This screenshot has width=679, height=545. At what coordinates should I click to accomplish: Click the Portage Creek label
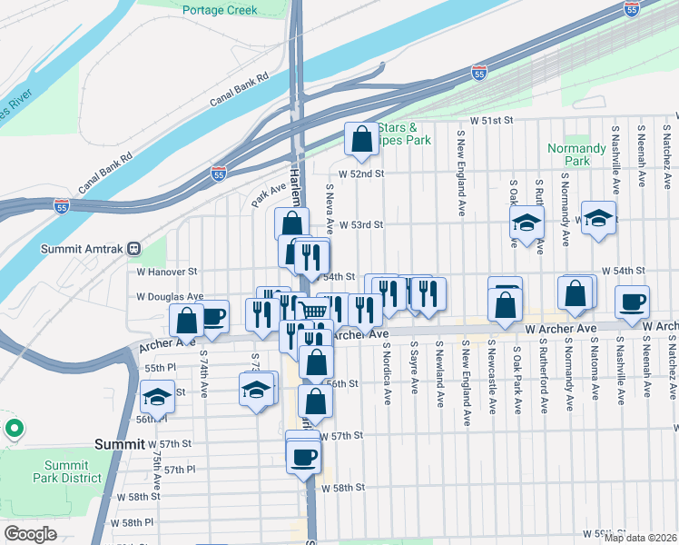coord(220,10)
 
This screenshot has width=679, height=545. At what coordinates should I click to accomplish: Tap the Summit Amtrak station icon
coord(133,248)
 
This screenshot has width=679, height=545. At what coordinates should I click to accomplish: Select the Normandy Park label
coord(576,154)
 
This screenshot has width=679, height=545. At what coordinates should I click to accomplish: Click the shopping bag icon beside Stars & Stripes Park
coord(361,140)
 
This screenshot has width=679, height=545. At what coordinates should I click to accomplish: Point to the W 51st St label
coord(491,120)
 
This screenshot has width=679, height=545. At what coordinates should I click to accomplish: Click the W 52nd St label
coord(361,173)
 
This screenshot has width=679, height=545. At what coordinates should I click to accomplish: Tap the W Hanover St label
coord(167,272)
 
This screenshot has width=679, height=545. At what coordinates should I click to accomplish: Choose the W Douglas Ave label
coord(167,296)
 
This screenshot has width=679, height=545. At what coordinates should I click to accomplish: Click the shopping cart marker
coord(313,311)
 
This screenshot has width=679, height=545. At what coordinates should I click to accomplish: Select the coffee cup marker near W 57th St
coord(304,456)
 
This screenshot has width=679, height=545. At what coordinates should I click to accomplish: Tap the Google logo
coord(30,533)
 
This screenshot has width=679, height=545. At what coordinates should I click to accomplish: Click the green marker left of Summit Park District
coord(14,426)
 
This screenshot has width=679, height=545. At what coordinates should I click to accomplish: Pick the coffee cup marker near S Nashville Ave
coord(632,302)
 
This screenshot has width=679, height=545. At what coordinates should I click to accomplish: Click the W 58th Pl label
coord(120,522)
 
